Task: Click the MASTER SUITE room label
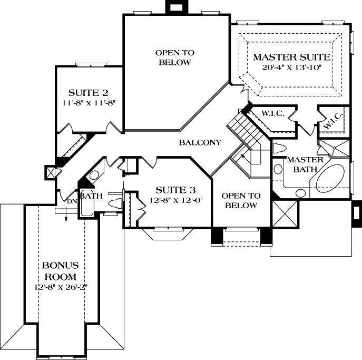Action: pyautogui.click(x=291, y=57)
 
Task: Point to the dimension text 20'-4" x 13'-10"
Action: pyautogui.click(x=291, y=67)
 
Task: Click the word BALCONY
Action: pyautogui.click(x=200, y=143)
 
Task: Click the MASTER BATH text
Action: pyautogui.click(x=301, y=164)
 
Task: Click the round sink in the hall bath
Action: pyautogui.click(x=93, y=176)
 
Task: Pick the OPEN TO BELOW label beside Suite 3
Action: pyautogui.click(x=240, y=200)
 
